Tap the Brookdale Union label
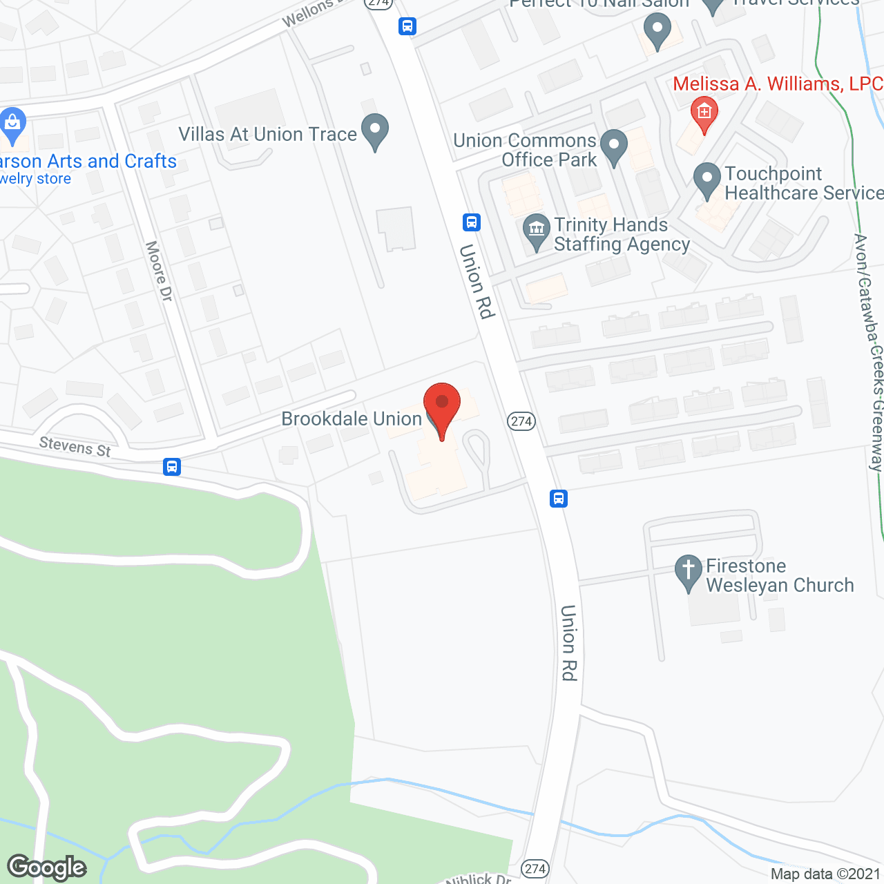352,419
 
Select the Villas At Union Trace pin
375,131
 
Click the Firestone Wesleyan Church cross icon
688,573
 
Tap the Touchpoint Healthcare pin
707,180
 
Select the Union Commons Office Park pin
613,146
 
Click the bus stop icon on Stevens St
172,467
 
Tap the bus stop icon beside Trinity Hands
472,222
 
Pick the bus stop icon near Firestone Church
559,498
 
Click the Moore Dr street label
159,271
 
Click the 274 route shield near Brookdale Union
521,421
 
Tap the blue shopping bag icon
12,124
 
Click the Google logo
47,867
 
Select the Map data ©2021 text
825,874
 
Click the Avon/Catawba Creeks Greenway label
869,352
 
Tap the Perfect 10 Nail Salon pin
657,31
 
